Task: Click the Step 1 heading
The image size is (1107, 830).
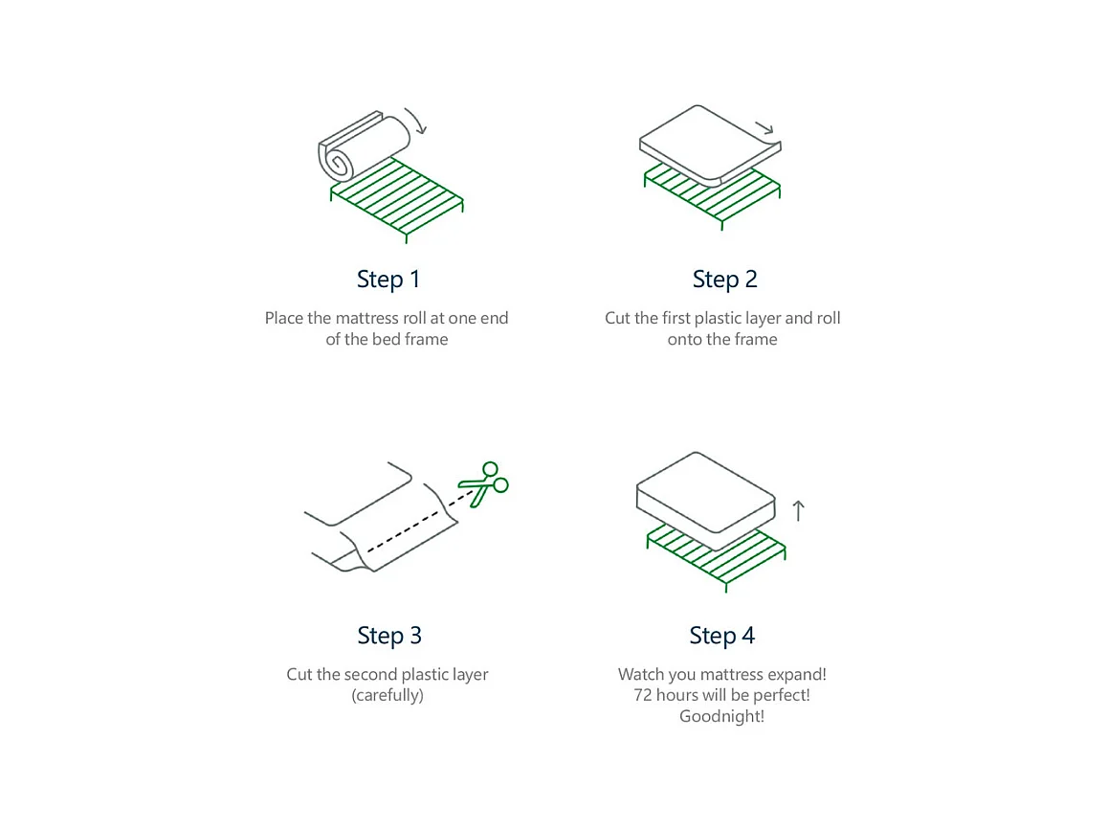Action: point(387,280)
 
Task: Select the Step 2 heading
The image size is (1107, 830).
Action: point(724,280)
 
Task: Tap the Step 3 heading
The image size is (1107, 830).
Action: point(388,636)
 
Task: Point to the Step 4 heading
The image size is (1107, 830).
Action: point(721,636)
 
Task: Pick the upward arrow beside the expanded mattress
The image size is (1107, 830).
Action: point(799,511)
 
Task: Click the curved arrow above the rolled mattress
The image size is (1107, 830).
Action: point(417,122)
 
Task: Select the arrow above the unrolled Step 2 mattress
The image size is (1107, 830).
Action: point(764,128)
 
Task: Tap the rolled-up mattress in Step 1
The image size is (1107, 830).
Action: point(364,146)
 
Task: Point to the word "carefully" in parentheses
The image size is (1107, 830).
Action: point(387,696)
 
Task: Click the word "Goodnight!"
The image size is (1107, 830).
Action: point(721,717)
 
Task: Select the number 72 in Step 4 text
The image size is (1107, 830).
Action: point(643,696)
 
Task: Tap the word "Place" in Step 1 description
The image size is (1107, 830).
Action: point(284,319)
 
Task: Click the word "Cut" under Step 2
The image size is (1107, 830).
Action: point(617,319)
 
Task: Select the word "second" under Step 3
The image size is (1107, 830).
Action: point(368,675)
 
